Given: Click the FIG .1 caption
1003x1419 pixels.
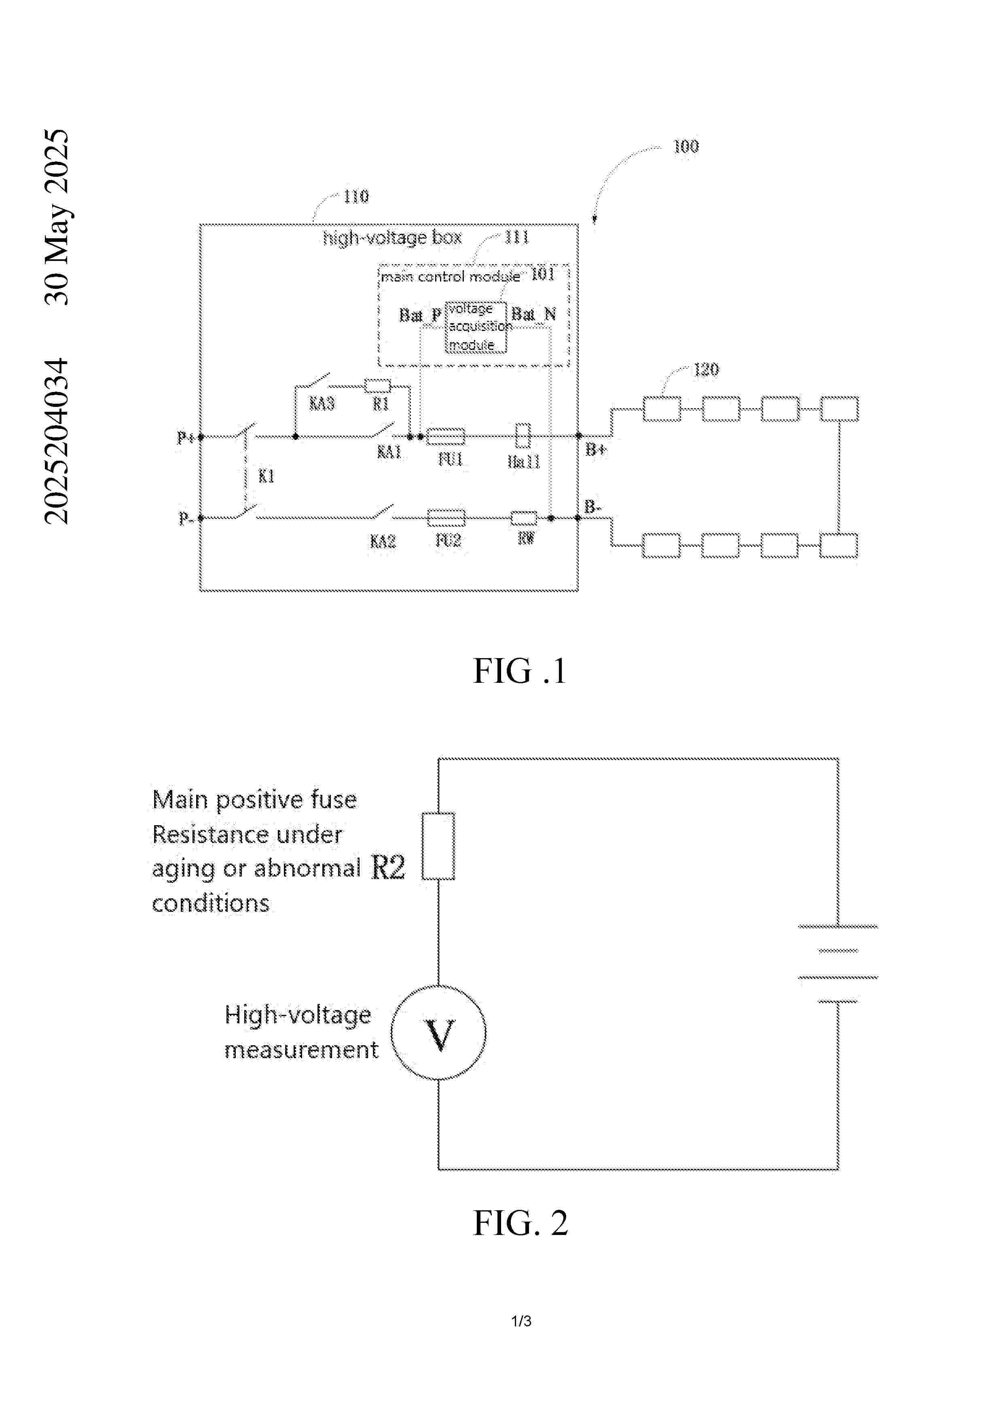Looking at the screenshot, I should pyautogui.click(x=519, y=671).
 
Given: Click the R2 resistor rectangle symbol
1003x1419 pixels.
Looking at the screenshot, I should pyautogui.click(x=438, y=845).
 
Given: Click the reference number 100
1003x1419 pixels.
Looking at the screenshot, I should pyautogui.click(x=686, y=146).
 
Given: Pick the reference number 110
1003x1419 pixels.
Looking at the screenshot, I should pyautogui.click(x=356, y=197).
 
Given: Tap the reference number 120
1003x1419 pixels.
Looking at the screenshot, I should pyautogui.click(x=707, y=370).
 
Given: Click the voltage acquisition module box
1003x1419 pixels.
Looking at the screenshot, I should pyautogui.click(x=476, y=327).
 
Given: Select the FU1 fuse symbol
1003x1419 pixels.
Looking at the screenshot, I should pyautogui.click(x=446, y=436).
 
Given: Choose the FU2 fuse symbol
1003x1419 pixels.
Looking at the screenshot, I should pyautogui.click(x=446, y=517).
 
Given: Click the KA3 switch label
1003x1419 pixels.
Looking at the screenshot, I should pyautogui.click(x=322, y=404).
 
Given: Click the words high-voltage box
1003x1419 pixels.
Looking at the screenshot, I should pyautogui.click(x=392, y=237).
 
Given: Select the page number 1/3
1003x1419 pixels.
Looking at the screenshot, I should pyautogui.click(x=521, y=1321).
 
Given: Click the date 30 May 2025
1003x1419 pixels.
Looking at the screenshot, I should pyautogui.click(x=57, y=216).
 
